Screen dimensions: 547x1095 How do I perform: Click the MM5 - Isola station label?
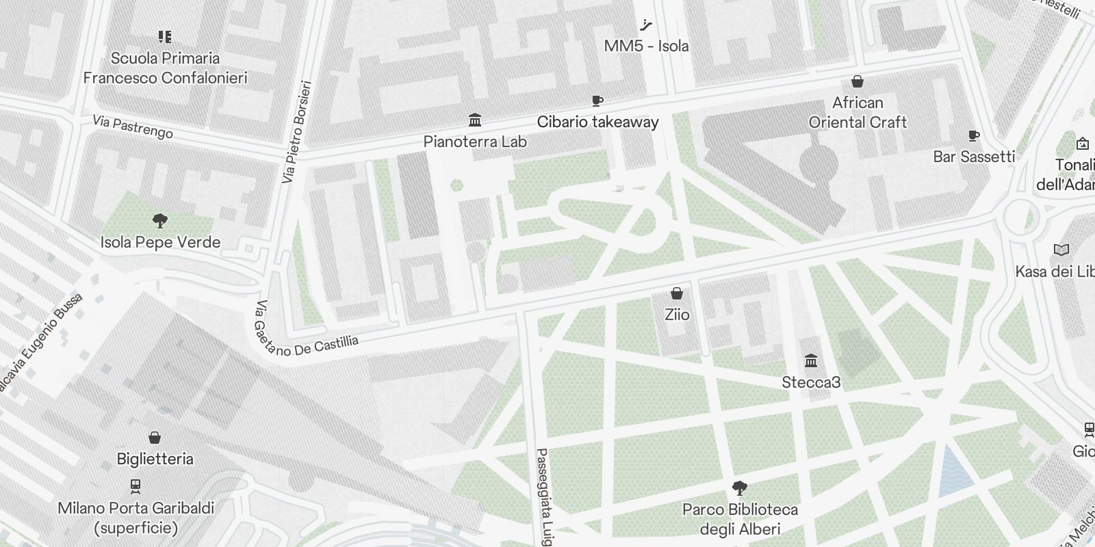tap(646, 46)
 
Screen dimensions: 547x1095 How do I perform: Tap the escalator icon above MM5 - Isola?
tap(645, 26)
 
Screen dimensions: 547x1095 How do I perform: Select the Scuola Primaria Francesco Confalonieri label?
tap(165, 68)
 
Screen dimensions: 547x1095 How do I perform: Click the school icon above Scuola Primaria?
tap(164, 36)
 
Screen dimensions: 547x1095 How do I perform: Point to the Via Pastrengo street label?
tap(133, 127)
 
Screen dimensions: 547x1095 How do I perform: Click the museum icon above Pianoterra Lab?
tap(474, 120)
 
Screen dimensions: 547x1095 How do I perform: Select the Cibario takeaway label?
tap(597, 122)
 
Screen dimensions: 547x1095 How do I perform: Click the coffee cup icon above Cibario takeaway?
tap(597, 101)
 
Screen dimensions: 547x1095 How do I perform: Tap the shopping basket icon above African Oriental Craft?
tap(857, 81)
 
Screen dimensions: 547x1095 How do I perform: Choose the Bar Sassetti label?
tap(973, 157)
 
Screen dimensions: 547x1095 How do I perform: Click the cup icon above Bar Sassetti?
tap(973, 136)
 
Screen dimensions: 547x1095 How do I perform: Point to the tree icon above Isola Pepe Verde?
tap(160, 221)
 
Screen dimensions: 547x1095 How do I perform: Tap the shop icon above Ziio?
tap(677, 294)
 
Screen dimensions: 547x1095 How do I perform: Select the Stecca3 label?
tap(811, 382)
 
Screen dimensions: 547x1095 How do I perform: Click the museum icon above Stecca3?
tap(811, 361)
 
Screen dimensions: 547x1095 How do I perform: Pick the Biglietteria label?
tap(155, 459)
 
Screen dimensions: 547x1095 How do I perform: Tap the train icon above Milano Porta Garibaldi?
tap(136, 487)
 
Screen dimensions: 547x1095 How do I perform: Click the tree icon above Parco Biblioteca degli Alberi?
tap(739, 488)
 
